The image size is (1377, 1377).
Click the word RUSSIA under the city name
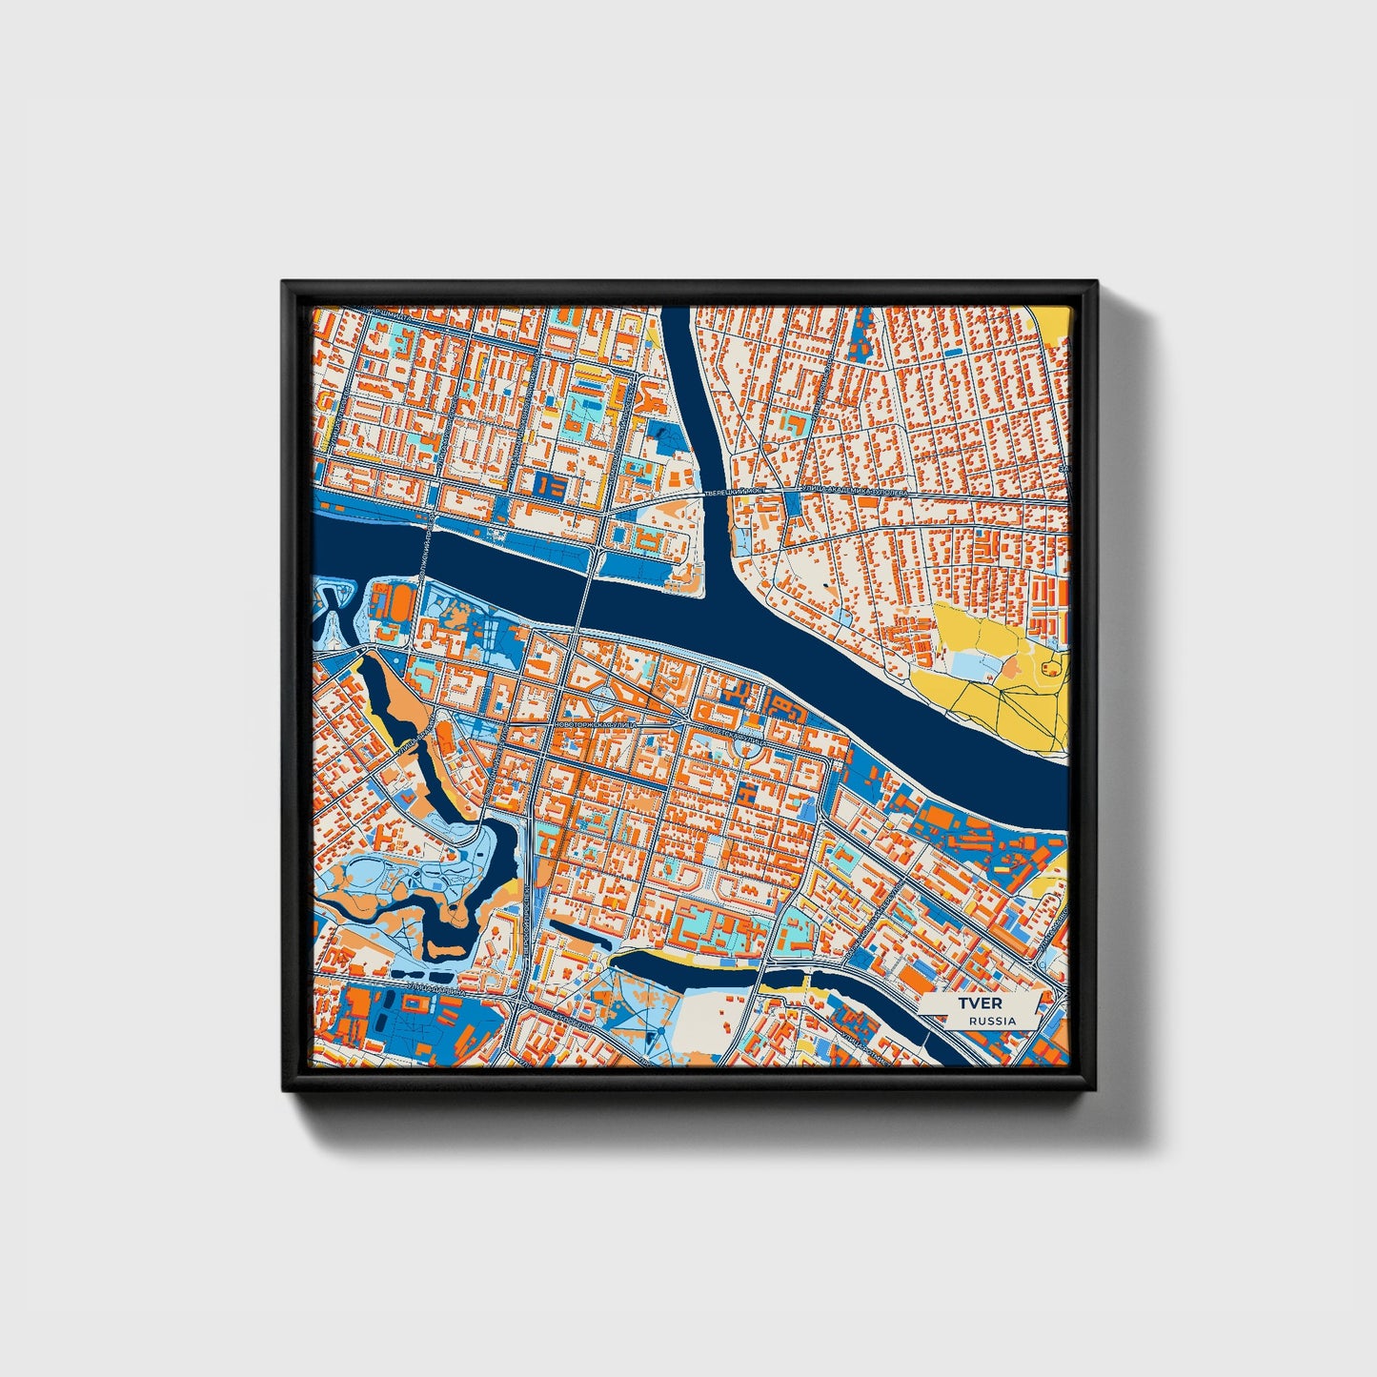992,1021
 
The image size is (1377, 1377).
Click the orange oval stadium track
390,601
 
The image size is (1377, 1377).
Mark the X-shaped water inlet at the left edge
333,605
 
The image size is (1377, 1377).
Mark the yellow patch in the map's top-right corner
1055,324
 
